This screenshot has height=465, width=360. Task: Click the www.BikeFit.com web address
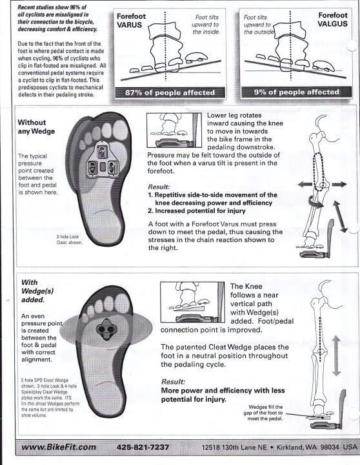[59, 447]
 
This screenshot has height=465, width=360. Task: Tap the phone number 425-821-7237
[143, 447]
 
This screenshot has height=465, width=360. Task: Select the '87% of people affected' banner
[170, 92]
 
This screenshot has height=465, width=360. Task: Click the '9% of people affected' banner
[296, 92]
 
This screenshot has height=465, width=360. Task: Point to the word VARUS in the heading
[130, 25]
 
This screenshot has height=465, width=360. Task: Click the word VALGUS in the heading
[332, 24]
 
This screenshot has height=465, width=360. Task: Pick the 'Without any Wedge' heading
[36, 127]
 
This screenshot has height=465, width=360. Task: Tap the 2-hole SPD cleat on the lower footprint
[106, 329]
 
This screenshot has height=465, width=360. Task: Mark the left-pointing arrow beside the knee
[305, 185]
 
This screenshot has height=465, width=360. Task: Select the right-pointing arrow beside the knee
[339, 184]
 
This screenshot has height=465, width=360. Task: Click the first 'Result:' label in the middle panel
[159, 187]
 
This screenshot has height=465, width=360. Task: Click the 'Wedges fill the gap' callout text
[263, 413]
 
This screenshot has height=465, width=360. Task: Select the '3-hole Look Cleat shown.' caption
[70, 240]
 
